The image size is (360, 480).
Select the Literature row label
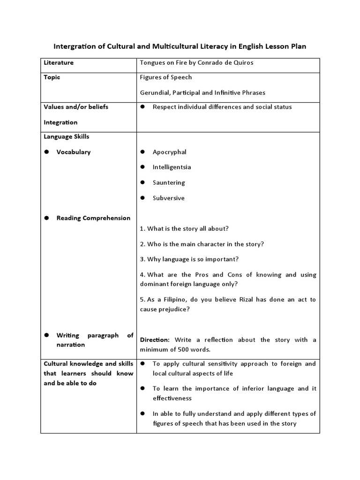pyautogui.click(x=59, y=62)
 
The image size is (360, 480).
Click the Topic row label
pyautogui.click(x=52, y=77)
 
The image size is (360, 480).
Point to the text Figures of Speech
pyautogui.click(x=166, y=77)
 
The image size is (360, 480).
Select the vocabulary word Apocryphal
pyautogui.click(x=169, y=152)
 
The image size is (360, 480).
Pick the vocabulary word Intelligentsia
pyautogui.click(x=172, y=167)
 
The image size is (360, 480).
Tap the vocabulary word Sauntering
pyautogui.click(x=169, y=182)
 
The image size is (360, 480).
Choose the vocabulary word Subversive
pyautogui.click(x=168, y=198)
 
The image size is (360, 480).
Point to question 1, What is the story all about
pyautogui.click(x=184, y=228)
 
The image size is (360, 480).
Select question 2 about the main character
pyautogui.click(x=202, y=244)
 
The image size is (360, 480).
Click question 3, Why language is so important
pyautogui.click(x=189, y=259)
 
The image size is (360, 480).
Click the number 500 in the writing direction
pyautogui.click(x=180, y=350)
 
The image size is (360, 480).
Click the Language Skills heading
pyautogui.click(x=66, y=137)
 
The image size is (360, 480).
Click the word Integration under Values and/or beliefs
pyautogui.click(x=60, y=122)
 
